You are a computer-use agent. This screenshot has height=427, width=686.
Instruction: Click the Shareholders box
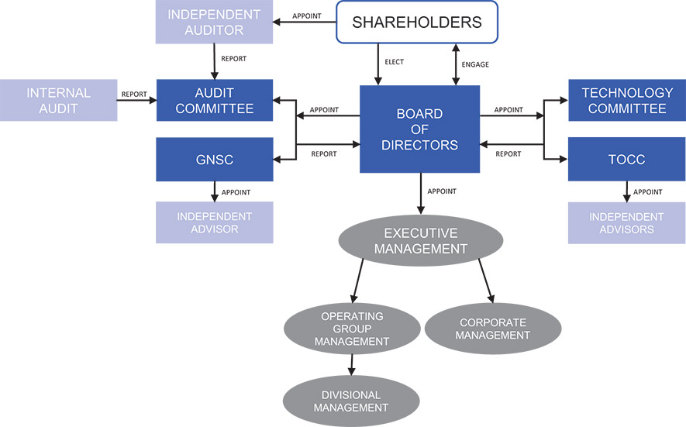pos(417,22)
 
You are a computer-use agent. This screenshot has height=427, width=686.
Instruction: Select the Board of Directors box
pos(419,129)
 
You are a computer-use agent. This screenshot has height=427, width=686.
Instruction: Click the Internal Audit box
pos(58,101)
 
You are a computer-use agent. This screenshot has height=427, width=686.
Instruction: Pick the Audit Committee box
pos(215,101)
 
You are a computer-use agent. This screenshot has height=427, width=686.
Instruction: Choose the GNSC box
pos(215,160)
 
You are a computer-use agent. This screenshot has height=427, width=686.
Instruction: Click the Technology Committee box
pos(626,101)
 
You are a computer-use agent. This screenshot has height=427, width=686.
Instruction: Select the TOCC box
pos(626,160)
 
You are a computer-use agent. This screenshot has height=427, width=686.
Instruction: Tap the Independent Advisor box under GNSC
pos(215,222)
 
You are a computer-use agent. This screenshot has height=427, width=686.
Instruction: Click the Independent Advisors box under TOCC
pos(626,222)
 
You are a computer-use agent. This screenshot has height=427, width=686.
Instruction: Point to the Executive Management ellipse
pos(421,240)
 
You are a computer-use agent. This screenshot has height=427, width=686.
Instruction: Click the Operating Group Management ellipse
pos(352,329)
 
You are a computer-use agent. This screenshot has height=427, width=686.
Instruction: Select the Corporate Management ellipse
pos(492,329)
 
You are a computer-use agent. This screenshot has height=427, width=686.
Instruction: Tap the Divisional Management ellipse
pos(351,401)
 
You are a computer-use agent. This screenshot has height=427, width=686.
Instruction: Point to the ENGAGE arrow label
pos(475,64)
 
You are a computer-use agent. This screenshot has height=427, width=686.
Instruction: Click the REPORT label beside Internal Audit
pos(134,95)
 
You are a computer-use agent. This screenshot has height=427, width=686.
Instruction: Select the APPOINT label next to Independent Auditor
pos(306,16)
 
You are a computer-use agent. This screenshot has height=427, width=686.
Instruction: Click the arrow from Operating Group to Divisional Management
pos(351,364)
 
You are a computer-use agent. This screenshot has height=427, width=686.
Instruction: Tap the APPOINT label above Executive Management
pos(441,191)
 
